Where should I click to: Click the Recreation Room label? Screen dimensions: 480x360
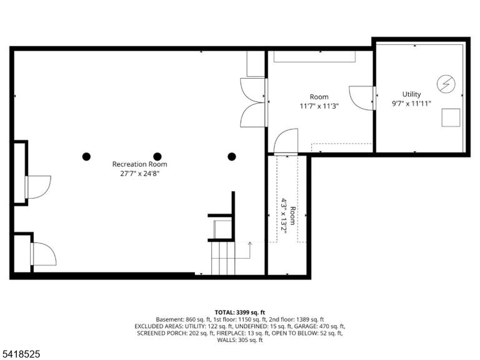139,164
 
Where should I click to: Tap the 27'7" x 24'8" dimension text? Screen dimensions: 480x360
139,174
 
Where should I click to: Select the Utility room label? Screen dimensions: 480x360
411,94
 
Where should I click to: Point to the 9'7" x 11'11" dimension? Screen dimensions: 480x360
411,104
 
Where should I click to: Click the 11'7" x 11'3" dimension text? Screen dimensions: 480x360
319,106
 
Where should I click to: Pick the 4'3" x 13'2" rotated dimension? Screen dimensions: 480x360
284,216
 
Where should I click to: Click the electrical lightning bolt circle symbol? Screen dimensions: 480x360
446,84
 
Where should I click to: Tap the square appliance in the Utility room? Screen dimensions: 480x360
451,117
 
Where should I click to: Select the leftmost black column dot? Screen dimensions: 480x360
87,157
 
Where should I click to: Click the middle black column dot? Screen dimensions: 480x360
157,157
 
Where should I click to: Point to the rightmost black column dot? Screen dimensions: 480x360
232,157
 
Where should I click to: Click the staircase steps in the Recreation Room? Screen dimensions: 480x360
223,258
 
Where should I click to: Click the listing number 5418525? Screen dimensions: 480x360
20,354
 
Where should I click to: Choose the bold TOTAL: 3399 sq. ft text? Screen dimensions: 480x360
240,312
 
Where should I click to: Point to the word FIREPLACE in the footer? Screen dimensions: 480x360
231,333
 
